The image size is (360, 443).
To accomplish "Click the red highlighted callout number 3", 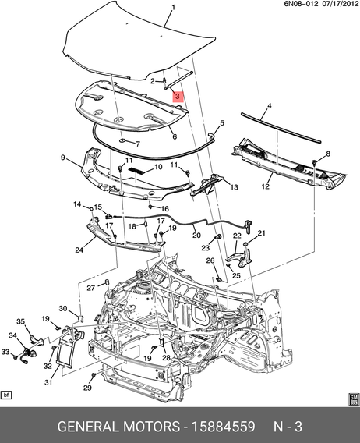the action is [x=178, y=97].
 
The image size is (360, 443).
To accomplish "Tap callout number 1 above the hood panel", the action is [x=173, y=7].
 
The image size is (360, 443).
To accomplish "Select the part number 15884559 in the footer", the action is [x=224, y=426].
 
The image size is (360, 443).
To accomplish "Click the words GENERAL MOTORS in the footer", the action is [x=118, y=426].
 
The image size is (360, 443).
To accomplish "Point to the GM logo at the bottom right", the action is [x=354, y=400].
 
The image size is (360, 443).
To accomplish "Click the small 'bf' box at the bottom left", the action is [x=6, y=395].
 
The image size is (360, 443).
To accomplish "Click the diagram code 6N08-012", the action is [x=301, y=4].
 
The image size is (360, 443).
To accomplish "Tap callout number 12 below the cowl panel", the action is [x=266, y=186].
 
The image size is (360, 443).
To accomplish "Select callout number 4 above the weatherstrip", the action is [x=270, y=106].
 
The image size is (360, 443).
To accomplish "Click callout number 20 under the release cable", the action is [x=196, y=235].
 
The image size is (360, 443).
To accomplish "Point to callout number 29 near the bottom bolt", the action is [x=87, y=388].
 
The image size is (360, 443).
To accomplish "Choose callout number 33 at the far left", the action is [x=5, y=352].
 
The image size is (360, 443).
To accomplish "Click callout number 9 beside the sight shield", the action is [x=62, y=158].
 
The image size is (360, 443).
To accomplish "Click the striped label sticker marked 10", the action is [x=136, y=170].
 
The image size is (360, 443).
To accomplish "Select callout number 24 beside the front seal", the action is [x=79, y=250].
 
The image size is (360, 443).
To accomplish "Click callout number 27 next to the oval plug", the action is [x=91, y=288].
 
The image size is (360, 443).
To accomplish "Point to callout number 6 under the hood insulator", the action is [x=175, y=136].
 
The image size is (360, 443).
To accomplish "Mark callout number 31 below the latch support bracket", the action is [x=48, y=382].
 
